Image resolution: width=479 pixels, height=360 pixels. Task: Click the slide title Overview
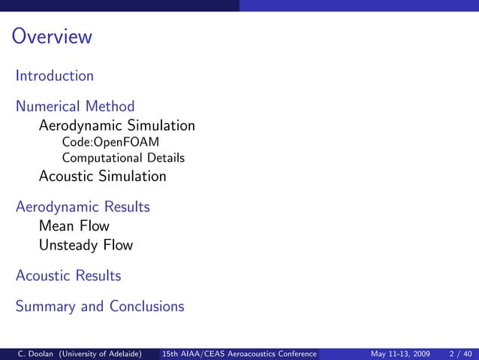tap(52, 37)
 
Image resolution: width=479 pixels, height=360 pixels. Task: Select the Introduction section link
tap(55, 76)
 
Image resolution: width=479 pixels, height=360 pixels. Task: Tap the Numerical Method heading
tap(75, 106)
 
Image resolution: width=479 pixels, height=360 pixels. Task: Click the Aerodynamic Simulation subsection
tap(116, 126)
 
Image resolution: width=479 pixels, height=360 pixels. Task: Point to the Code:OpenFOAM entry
tap(110, 142)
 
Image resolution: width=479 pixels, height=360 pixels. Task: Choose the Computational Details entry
tap(123, 158)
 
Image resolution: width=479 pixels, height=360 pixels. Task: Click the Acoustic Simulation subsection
tap(102, 177)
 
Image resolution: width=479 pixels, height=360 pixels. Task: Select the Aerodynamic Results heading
tap(83, 207)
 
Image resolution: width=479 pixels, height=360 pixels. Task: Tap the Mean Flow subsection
tap(74, 226)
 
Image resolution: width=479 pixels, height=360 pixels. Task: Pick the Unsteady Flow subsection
tap(86, 245)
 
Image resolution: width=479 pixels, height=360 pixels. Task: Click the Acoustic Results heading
tap(68, 276)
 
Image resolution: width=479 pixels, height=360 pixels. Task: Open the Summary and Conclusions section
tap(100, 307)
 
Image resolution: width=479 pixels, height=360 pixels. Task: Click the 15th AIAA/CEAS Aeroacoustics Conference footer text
tap(240, 353)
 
